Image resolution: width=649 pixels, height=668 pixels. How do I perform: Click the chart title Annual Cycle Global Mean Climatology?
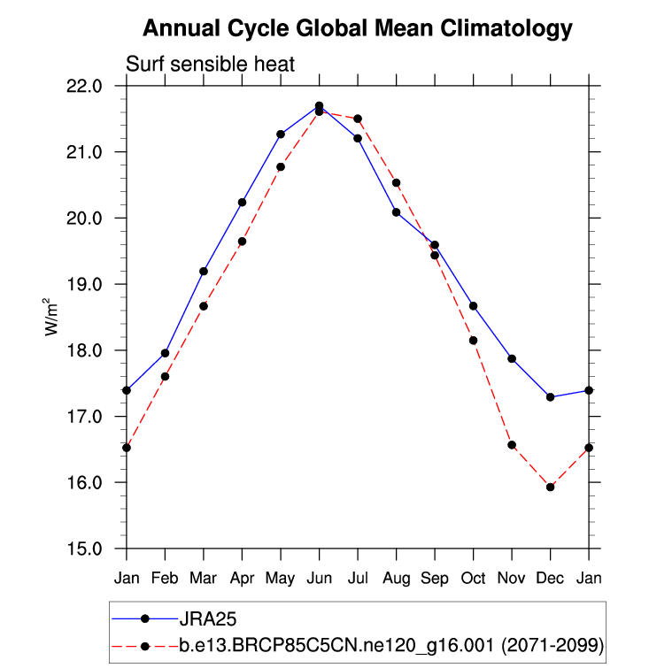[358, 29]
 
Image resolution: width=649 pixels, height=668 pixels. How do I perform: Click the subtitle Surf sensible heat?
[210, 65]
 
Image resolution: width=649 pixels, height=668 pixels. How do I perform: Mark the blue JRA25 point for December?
[550, 397]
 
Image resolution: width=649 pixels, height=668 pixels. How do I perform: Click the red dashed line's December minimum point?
[550, 487]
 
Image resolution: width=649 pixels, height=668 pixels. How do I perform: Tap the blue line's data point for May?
[281, 134]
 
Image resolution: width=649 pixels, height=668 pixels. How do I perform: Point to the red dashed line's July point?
[358, 119]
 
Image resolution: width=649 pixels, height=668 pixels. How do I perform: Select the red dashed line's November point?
[512, 445]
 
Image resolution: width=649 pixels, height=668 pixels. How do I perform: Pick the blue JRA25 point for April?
[242, 203]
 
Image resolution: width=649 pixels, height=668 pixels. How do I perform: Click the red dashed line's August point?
[396, 183]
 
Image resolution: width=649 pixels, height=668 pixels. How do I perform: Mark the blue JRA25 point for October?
[473, 306]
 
